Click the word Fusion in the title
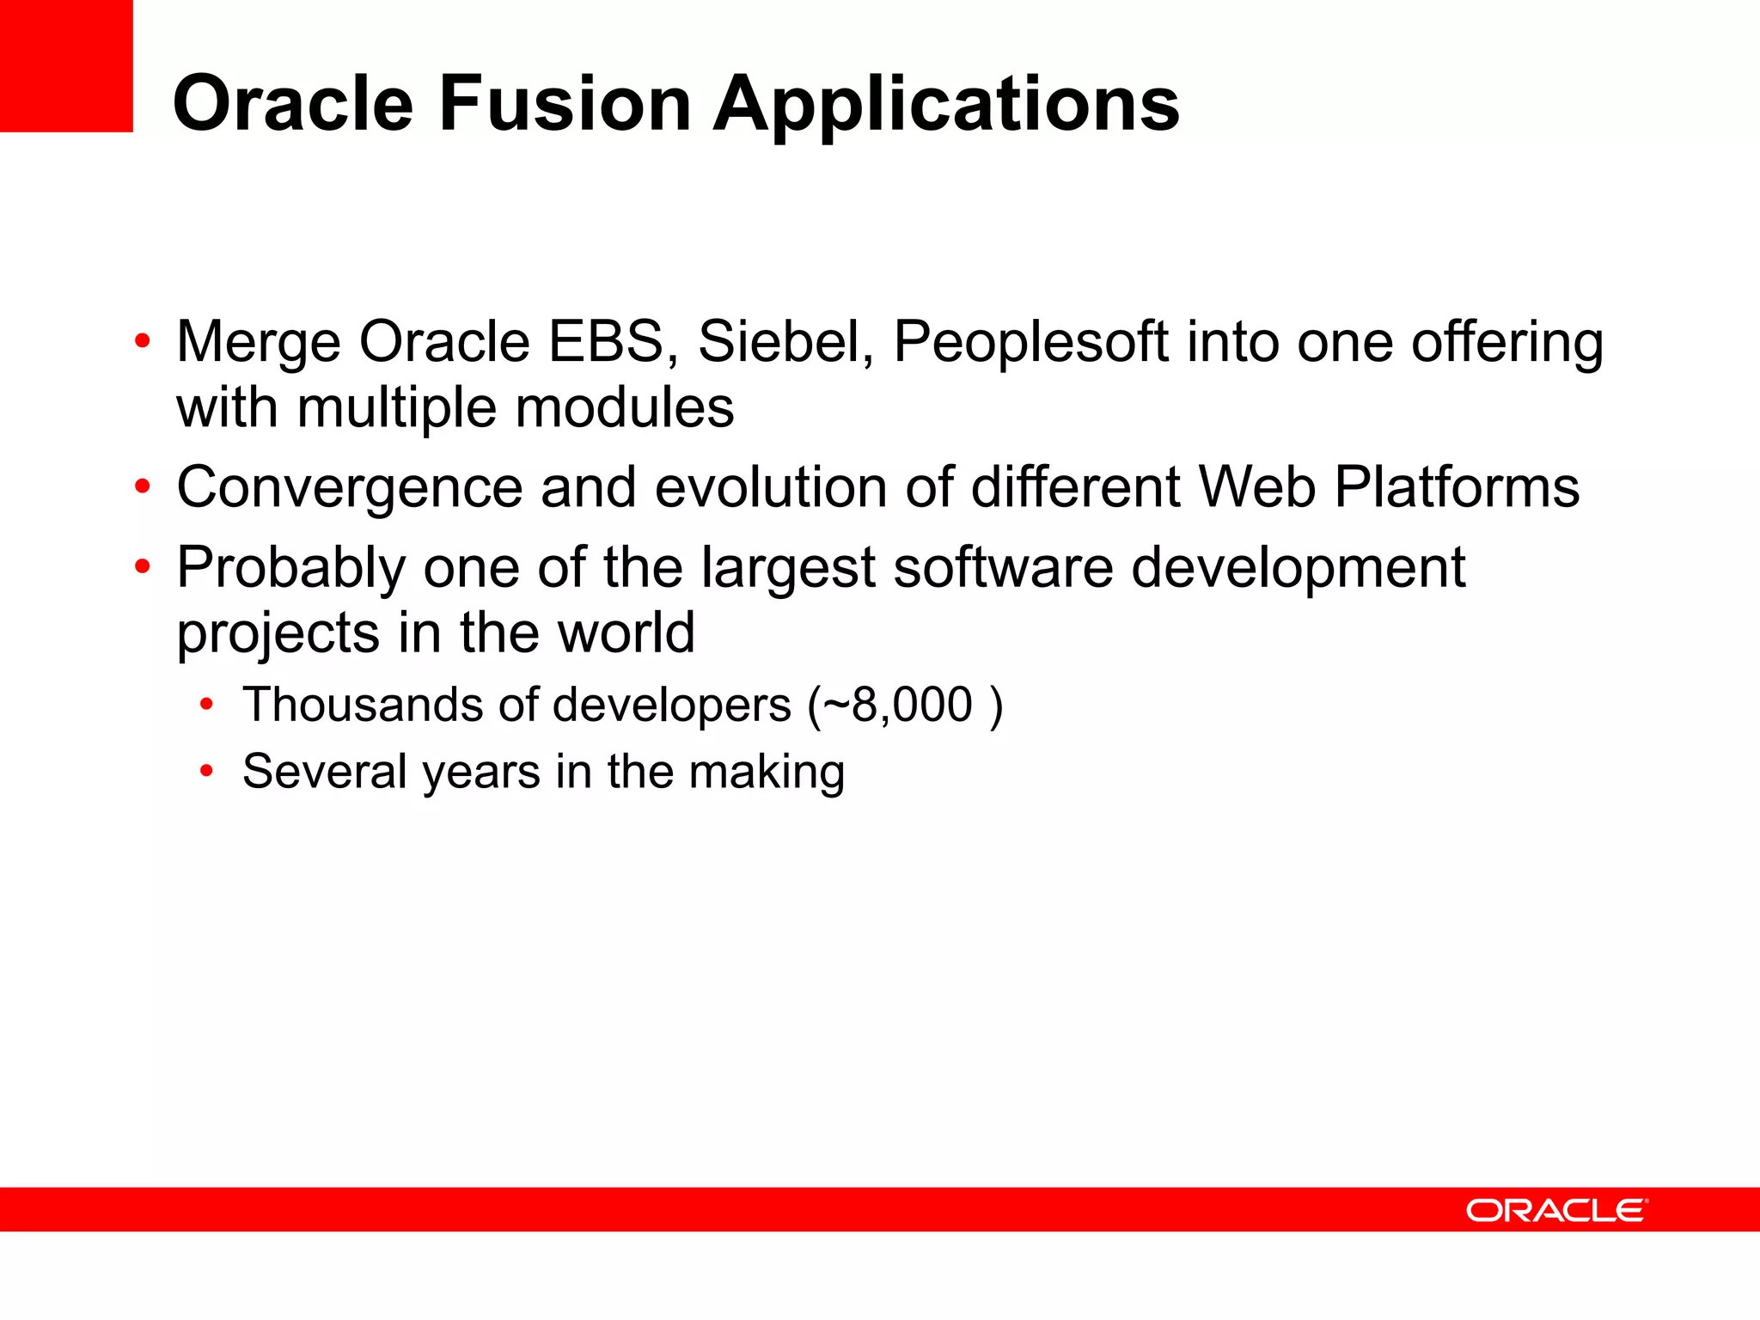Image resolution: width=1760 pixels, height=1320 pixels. click(565, 103)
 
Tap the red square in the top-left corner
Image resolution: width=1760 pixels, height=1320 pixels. click(66, 65)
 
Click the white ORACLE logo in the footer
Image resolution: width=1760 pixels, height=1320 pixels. click(1556, 1210)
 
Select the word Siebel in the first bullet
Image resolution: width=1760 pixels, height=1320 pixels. click(785, 341)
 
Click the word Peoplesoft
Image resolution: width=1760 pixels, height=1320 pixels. click(1031, 343)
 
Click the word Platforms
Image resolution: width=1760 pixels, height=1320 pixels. click(1457, 486)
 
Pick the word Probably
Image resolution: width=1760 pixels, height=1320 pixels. click(290, 568)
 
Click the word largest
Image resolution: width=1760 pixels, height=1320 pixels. click(787, 568)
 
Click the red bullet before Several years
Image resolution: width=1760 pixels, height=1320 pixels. click(206, 771)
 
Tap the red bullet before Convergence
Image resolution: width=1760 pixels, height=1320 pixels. click(143, 487)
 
